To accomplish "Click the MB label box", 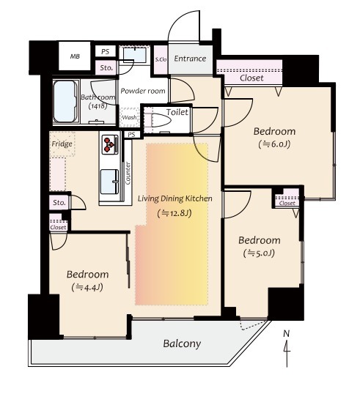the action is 75,56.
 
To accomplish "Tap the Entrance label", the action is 190,59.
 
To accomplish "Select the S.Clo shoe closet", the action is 161,60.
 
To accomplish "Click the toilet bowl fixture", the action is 161,120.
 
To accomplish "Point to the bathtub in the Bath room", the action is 65,101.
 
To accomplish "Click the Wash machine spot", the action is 129,117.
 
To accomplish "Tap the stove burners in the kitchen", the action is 110,144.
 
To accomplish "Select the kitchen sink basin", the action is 110,182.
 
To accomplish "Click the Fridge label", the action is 62,144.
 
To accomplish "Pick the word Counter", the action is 128,174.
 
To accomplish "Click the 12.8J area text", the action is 175,214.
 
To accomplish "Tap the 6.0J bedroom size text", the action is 274,144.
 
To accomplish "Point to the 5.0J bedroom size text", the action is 259,253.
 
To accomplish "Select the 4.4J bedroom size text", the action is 87,288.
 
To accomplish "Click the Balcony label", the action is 182,343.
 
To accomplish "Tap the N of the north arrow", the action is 286,334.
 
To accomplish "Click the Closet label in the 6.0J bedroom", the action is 251,78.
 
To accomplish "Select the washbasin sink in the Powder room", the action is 135,55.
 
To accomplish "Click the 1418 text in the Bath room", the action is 98,105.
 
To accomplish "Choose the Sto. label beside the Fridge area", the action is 59,203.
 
